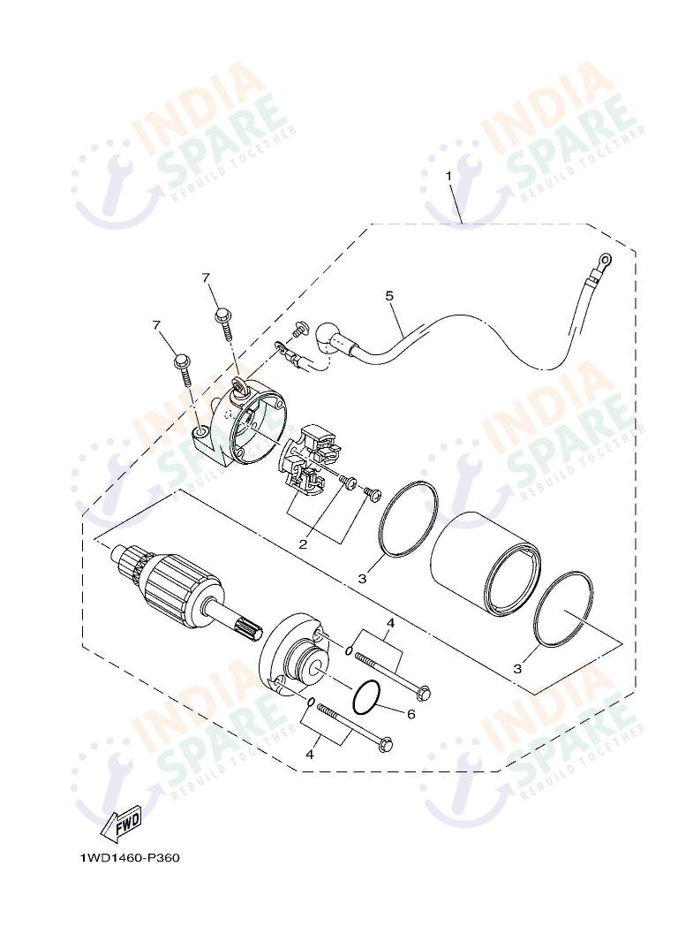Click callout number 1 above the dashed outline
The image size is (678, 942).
point(448,176)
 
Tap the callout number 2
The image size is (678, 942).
point(303,544)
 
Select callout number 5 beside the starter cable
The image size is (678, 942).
point(388,296)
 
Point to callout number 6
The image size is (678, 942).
point(411,713)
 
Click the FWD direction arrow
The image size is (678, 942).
point(123,821)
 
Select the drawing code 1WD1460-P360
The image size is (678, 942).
point(130,857)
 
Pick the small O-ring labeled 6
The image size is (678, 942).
point(367,698)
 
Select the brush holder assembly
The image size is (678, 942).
point(310,459)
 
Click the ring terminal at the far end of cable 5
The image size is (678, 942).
point(605,260)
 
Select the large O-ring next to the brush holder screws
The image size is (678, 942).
point(407,520)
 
